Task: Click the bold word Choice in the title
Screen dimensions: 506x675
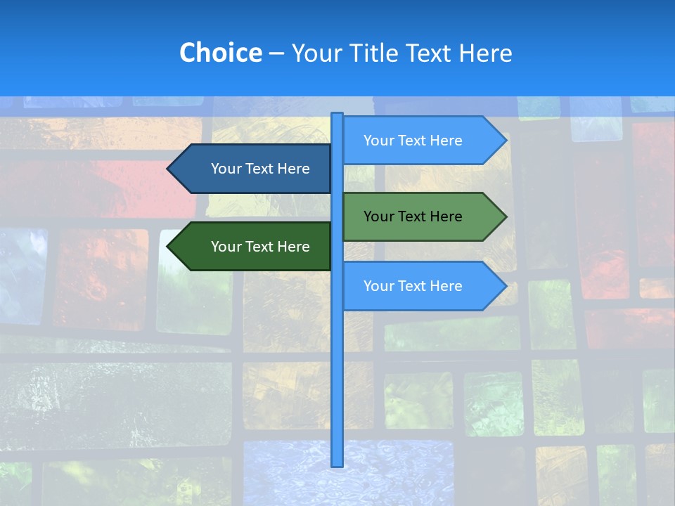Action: (x=220, y=53)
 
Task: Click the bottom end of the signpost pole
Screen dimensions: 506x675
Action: (x=337, y=464)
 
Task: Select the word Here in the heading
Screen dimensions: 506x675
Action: (x=485, y=53)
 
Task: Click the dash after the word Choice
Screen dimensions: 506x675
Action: (x=276, y=53)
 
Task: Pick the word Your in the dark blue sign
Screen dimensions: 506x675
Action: (x=226, y=169)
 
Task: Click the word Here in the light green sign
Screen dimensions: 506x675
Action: (x=446, y=216)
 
